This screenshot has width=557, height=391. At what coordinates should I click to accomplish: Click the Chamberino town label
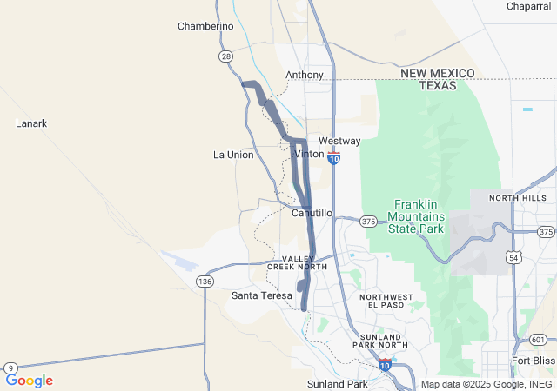click(x=205, y=26)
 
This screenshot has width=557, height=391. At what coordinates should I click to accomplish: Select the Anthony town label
click(x=305, y=75)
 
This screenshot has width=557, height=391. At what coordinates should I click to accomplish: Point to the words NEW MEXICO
click(x=438, y=73)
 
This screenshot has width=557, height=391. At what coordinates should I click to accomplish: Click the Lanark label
click(x=31, y=123)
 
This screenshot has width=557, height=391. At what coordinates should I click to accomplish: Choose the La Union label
click(x=233, y=155)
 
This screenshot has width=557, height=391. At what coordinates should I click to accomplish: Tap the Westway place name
click(x=339, y=141)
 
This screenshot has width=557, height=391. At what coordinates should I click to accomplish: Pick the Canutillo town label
click(x=312, y=213)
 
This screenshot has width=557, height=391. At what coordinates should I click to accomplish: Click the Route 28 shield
click(x=225, y=56)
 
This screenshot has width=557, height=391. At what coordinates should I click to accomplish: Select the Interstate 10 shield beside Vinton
click(x=334, y=158)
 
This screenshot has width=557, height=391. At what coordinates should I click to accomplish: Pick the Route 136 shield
click(x=205, y=282)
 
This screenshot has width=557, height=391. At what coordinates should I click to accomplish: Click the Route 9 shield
click(x=10, y=368)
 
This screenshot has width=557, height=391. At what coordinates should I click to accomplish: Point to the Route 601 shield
click(x=538, y=339)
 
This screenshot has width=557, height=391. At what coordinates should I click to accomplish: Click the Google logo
click(x=30, y=381)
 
